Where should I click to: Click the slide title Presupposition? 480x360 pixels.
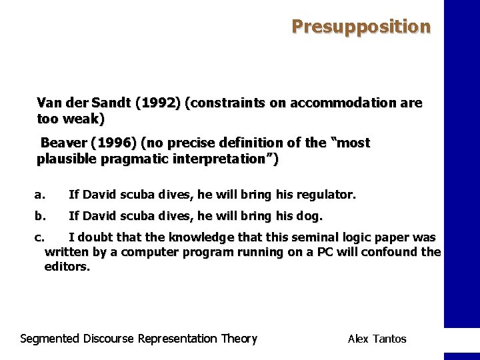coord(361,27)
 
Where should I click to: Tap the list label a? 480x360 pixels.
coord(39,195)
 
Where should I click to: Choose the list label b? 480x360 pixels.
coord(39,216)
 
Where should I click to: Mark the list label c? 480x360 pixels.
coord(39,237)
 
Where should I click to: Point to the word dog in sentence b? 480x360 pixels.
coord(311,216)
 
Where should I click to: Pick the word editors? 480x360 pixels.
coord(66,267)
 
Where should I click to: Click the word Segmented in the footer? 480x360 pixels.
coord(50,339)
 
